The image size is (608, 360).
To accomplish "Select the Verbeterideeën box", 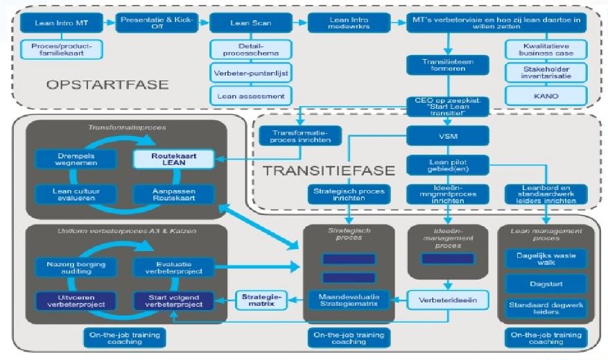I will pyautogui.click(x=447, y=300).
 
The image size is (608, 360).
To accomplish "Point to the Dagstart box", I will pyautogui.click(x=546, y=282).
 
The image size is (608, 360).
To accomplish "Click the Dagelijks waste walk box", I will pyautogui.click(x=546, y=259).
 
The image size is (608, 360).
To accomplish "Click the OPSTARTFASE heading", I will pyautogui.click(x=107, y=85).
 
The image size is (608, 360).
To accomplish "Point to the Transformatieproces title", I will pyautogui.click(x=125, y=128).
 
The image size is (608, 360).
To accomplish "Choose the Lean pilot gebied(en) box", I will pyautogui.click(x=447, y=165).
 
